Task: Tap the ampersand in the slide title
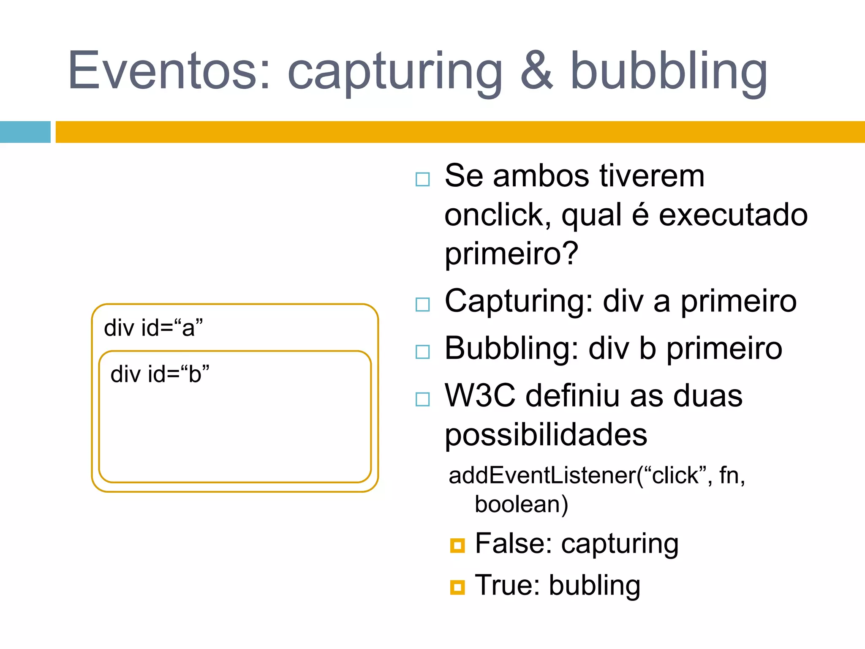[x=536, y=71]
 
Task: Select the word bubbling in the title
[x=669, y=72]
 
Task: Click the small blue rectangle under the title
[x=25, y=132]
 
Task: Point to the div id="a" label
[x=153, y=328]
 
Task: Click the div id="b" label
[x=160, y=374]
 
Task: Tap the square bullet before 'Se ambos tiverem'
[x=422, y=179]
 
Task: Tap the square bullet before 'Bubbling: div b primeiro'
[x=422, y=352]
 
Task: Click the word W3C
[x=480, y=396]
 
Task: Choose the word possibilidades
[x=546, y=435]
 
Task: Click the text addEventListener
[x=542, y=475]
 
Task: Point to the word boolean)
[x=521, y=504]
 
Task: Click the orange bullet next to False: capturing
[x=457, y=545]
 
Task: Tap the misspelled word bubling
[x=594, y=586]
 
